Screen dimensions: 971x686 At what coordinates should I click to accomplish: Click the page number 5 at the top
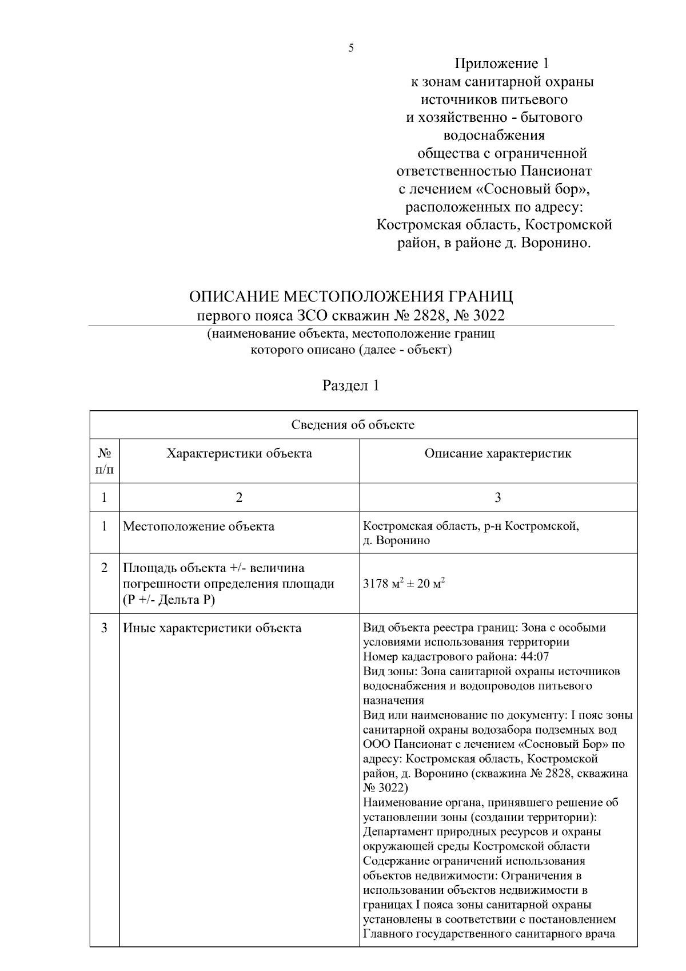[351, 48]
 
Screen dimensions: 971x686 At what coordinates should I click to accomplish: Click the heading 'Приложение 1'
[502, 64]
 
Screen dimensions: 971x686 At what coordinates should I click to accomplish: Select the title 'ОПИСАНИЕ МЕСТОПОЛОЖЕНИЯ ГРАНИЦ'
[351, 297]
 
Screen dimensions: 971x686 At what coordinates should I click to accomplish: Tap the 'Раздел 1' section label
[351, 386]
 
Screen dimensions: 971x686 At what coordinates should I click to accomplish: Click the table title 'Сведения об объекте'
[353, 425]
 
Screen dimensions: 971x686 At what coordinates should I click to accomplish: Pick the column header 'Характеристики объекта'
[239, 454]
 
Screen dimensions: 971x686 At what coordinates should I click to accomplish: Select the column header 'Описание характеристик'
[497, 454]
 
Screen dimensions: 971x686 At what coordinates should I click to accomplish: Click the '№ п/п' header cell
[104, 461]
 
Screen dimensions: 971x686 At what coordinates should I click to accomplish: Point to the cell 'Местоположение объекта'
[198, 526]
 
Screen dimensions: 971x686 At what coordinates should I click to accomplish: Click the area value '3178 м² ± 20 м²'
[404, 584]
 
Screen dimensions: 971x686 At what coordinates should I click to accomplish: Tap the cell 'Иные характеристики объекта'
[212, 628]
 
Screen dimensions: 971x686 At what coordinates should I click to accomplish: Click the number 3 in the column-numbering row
[497, 497]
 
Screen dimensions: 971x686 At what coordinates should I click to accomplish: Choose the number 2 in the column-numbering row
[239, 497]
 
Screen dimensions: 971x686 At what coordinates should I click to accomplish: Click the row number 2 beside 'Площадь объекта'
[104, 568]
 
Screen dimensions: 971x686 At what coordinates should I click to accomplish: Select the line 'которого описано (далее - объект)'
[351, 350]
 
